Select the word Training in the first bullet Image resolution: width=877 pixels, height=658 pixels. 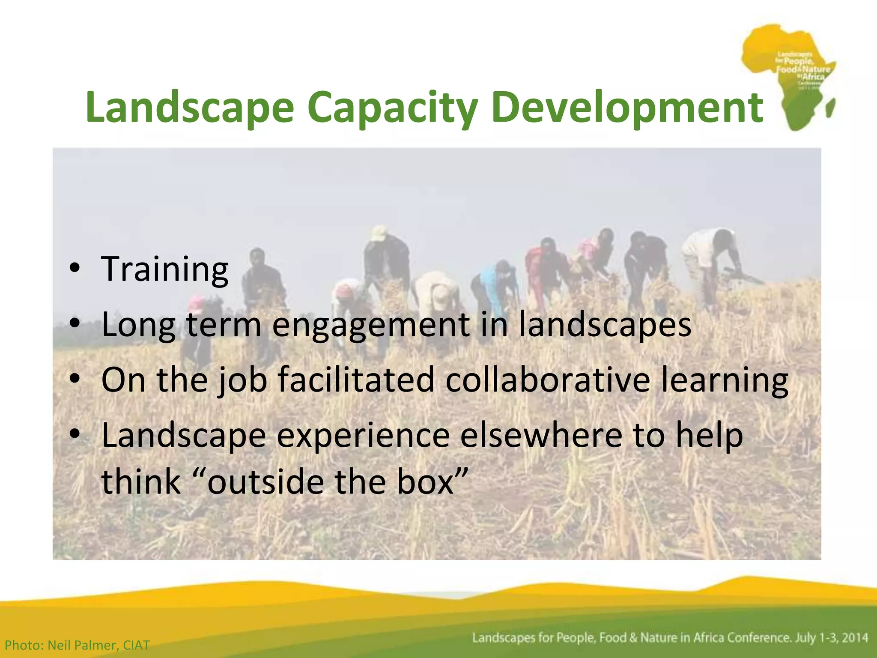point(165,269)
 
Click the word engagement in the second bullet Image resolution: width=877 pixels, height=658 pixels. point(371,325)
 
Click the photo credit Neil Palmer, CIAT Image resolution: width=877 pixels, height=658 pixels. point(77,645)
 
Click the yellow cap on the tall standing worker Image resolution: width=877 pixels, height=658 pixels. point(379,233)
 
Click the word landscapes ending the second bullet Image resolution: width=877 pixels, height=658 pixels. point(605,325)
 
